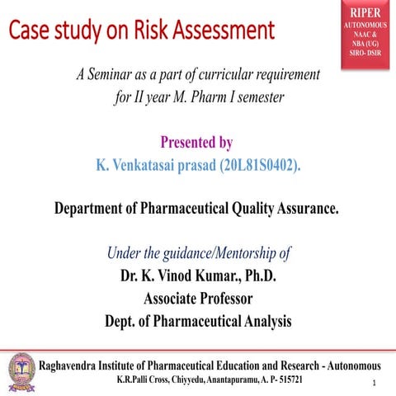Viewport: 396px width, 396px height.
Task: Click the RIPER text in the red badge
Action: pos(365,14)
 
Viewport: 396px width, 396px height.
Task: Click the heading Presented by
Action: pos(199,141)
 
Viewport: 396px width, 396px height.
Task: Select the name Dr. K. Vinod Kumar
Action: pos(172,275)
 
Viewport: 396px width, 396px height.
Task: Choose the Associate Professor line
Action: pos(198,298)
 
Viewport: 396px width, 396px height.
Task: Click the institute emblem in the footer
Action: pos(21,369)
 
